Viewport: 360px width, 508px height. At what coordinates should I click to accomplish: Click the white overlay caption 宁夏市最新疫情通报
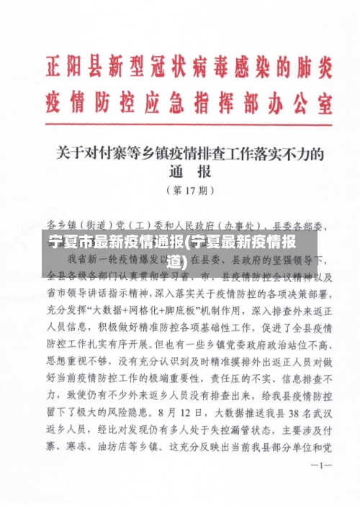click(116, 241)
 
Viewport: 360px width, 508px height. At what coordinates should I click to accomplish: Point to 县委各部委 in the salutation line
click(302, 224)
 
